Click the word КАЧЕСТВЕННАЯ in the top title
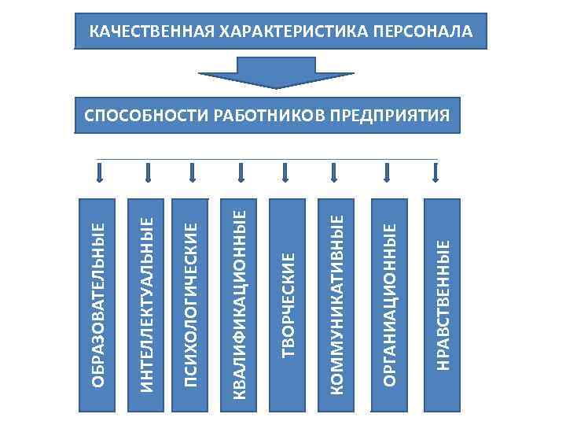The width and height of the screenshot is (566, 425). coord(150,32)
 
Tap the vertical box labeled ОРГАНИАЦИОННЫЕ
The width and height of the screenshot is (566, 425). coord(389,303)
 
